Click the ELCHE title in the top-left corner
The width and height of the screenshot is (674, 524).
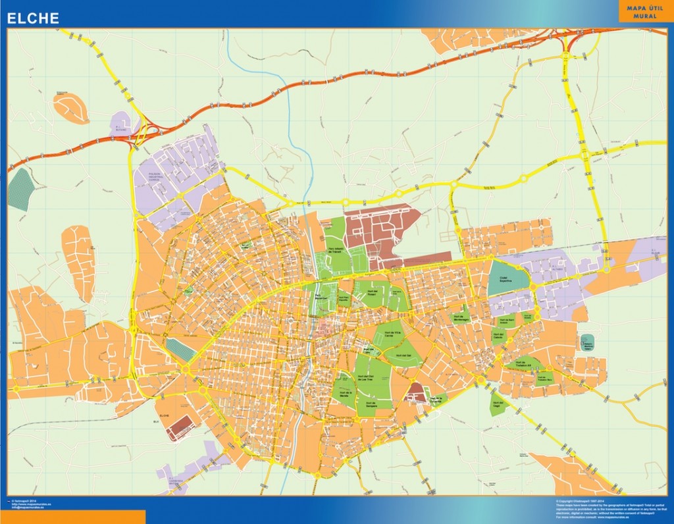33,18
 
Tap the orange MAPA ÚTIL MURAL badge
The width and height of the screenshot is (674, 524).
642,11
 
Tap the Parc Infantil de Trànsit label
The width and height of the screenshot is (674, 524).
336,251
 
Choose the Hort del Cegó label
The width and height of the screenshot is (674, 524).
497,405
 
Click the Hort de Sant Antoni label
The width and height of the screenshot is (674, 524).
509,322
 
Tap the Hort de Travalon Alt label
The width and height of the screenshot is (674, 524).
544,379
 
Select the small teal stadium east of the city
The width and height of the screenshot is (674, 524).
587,342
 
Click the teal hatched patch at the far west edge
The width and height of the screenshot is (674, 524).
20,190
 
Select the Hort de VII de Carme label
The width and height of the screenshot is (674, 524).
393,333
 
